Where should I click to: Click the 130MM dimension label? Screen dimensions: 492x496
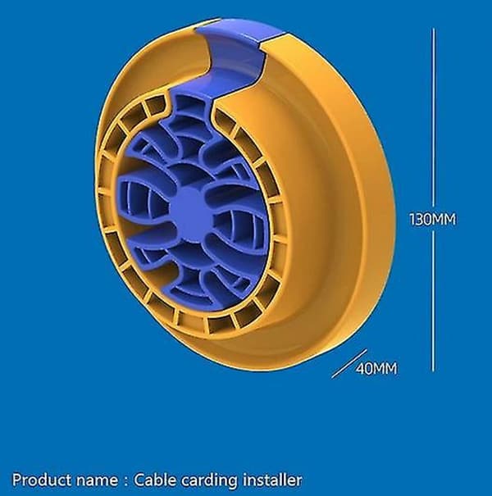click(432, 219)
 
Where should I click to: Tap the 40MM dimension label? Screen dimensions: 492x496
click(376, 369)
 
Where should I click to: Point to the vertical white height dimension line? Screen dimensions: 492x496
click(433, 199)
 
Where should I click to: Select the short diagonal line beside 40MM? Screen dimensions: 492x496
click(349, 363)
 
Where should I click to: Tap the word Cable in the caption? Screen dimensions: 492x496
click(155, 480)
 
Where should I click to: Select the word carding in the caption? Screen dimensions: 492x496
click(209, 480)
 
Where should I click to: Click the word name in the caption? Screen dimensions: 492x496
click(97, 481)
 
